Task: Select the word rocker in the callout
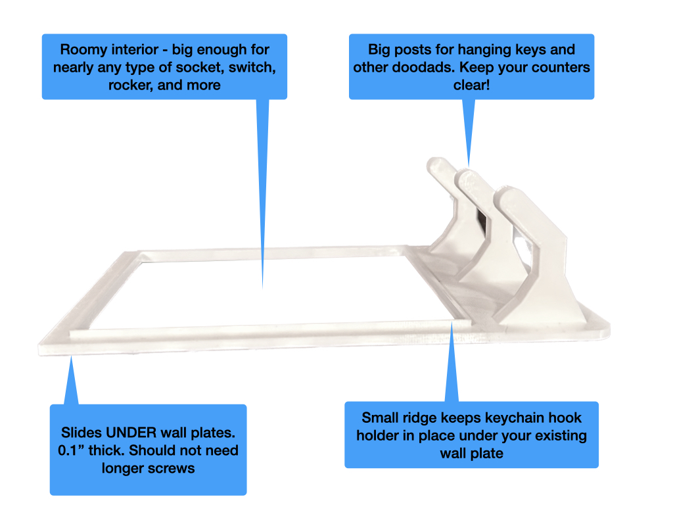coord(130,85)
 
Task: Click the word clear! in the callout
coord(471,85)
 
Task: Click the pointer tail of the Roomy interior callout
coord(263,193)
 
